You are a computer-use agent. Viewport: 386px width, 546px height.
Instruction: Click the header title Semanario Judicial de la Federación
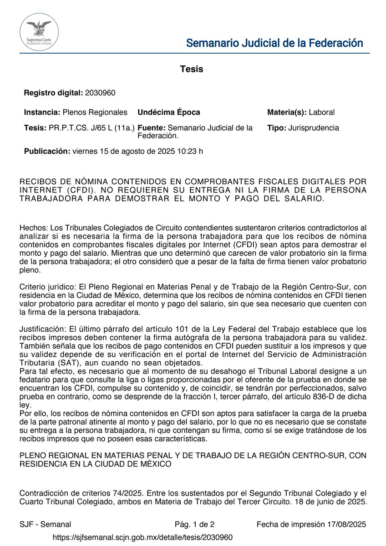(275, 43)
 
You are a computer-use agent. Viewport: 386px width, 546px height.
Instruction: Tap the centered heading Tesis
(191, 69)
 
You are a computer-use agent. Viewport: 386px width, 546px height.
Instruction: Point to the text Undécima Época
(168, 112)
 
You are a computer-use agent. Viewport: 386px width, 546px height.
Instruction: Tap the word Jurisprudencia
(314, 128)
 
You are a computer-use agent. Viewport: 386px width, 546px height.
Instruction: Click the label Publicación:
(47, 151)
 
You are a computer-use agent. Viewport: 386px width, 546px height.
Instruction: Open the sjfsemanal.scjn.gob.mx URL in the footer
(143, 537)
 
